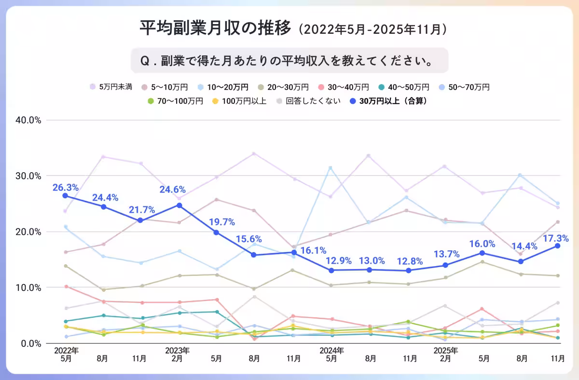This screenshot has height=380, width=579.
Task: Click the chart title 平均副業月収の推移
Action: click(x=216, y=28)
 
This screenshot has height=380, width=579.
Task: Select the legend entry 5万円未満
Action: click(x=115, y=87)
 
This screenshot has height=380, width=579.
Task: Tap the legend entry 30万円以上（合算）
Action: click(x=395, y=101)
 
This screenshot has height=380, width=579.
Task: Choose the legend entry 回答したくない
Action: click(x=313, y=101)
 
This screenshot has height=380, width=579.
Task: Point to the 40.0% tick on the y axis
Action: click(x=30, y=120)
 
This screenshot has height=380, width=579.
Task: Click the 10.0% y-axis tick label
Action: click(x=30, y=287)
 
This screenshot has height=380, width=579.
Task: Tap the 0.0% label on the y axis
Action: click(x=32, y=343)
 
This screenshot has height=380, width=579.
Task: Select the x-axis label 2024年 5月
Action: click(x=331, y=354)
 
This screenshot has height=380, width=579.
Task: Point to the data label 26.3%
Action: click(x=64, y=187)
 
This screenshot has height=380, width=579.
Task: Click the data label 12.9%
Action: click(x=331, y=261)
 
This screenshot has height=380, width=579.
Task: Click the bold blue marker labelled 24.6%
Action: click(x=179, y=205)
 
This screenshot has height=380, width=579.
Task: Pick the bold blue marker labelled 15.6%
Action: click(x=254, y=255)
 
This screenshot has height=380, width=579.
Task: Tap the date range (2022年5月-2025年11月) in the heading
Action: click(x=372, y=29)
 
